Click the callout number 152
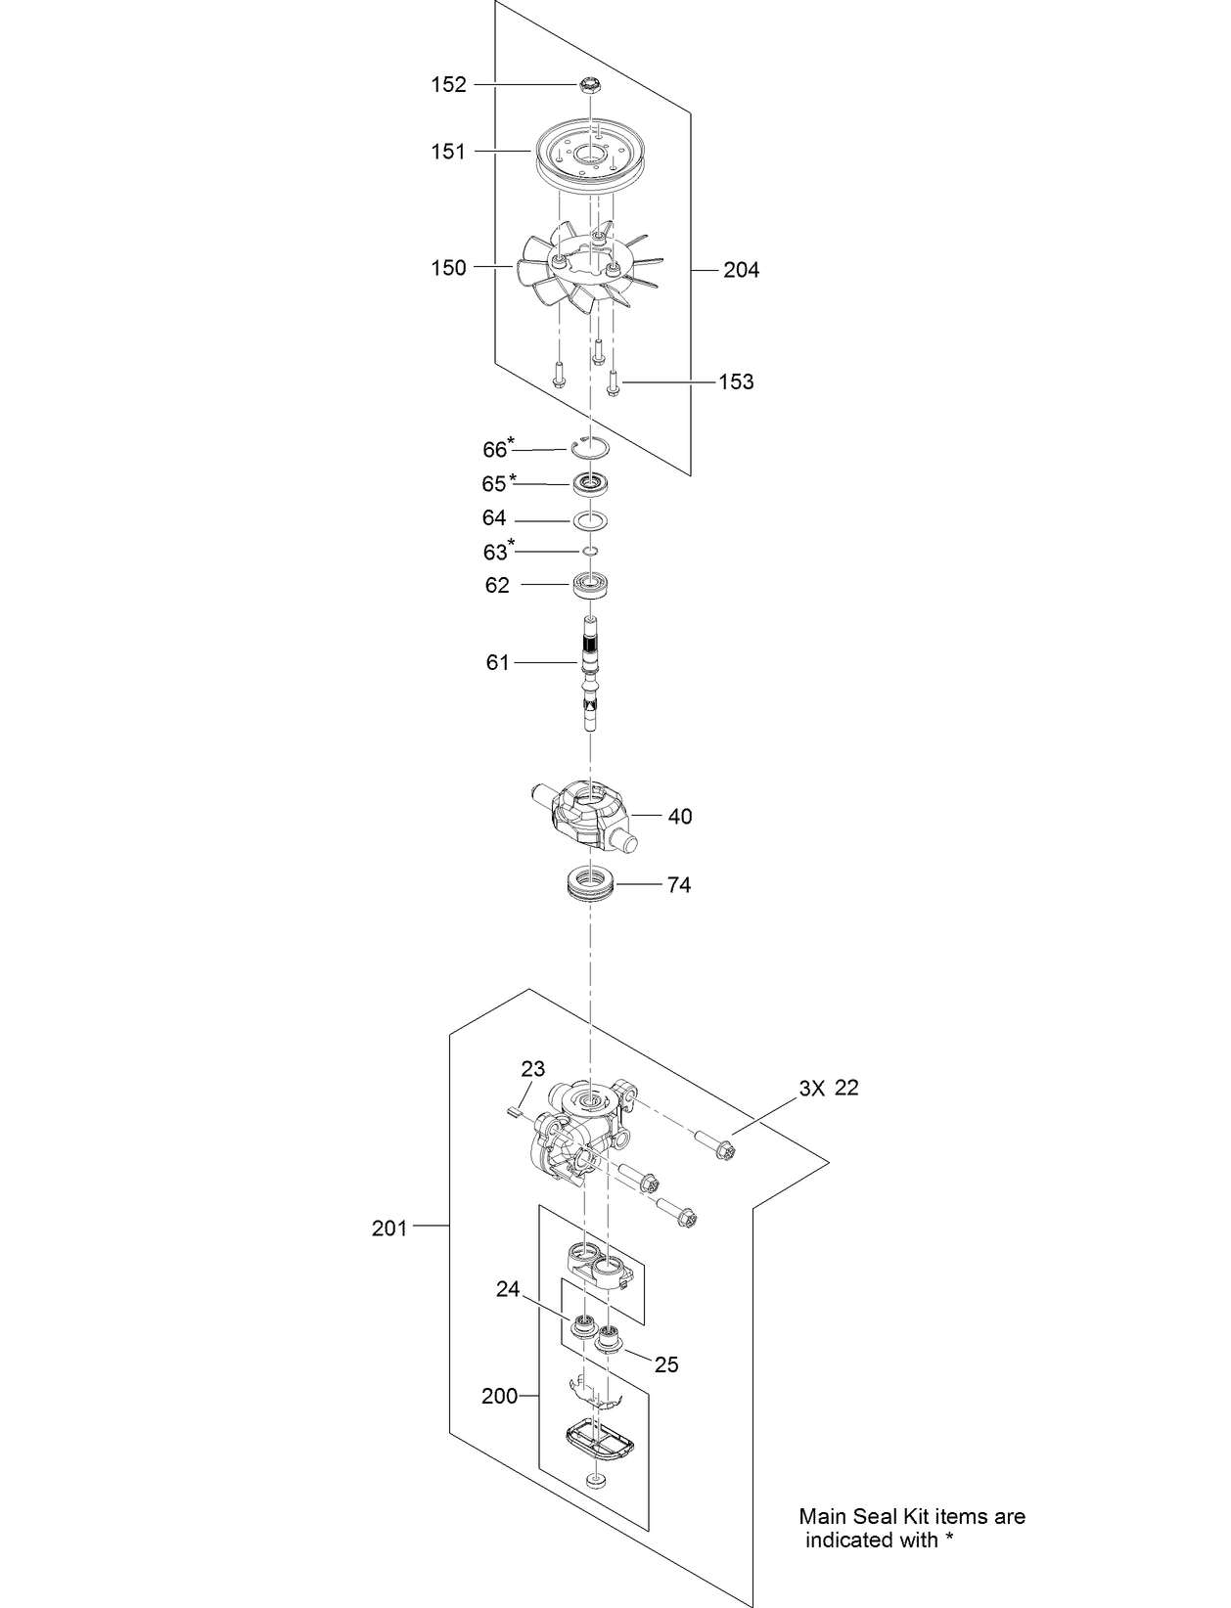pos(449,85)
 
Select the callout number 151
pos(449,152)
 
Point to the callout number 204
pos(741,270)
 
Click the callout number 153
pos(736,382)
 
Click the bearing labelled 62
pos(592,585)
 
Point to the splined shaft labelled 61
pos(591,675)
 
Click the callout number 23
pos(533,1068)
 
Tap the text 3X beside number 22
pos(812,1088)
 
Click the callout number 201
pos(389,1228)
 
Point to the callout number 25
pos(666,1364)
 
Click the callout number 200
pos(499,1397)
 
